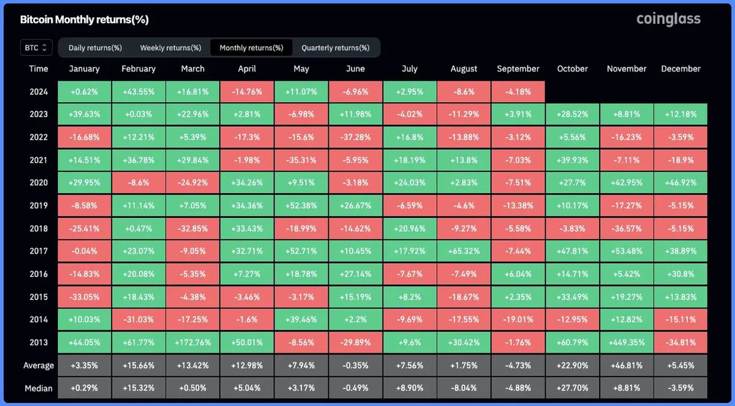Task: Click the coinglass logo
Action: (x=668, y=19)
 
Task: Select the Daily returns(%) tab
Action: (x=95, y=48)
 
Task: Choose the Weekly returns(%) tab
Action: (x=170, y=48)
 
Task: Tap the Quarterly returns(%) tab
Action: (x=335, y=48)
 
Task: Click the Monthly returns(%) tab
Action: (x=251, y=48)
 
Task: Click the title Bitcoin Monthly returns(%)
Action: (x=84, y=20)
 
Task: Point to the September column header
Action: (x=518, y=69)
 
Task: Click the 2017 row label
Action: (x=39, y=251)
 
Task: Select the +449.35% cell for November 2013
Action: (x=627, y=342)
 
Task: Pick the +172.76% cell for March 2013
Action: (x=193, y=342)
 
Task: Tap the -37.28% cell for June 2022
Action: (x=355, y=137)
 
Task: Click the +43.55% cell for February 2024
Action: (x=138, y=91)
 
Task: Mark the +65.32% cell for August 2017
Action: (x=464, y=251)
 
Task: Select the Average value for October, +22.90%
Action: (x=573, y=366)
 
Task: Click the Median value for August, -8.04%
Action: (x=464, y=388)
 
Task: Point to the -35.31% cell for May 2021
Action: (x=301, y=160)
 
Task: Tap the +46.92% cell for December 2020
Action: (x=680, y=182)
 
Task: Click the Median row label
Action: (x=39, y=388)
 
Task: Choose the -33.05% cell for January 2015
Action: (x=85, y=297)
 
